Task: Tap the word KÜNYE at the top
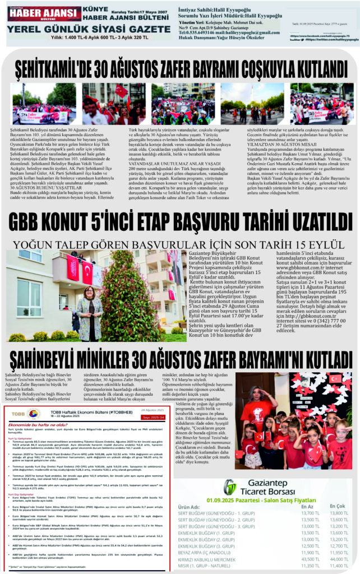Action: coord(96,10)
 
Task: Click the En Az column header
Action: coord(307,506)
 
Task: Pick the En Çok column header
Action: coord(338,506)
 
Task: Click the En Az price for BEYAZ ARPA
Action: coord(309,552)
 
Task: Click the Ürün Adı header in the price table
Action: coord(189,506)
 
